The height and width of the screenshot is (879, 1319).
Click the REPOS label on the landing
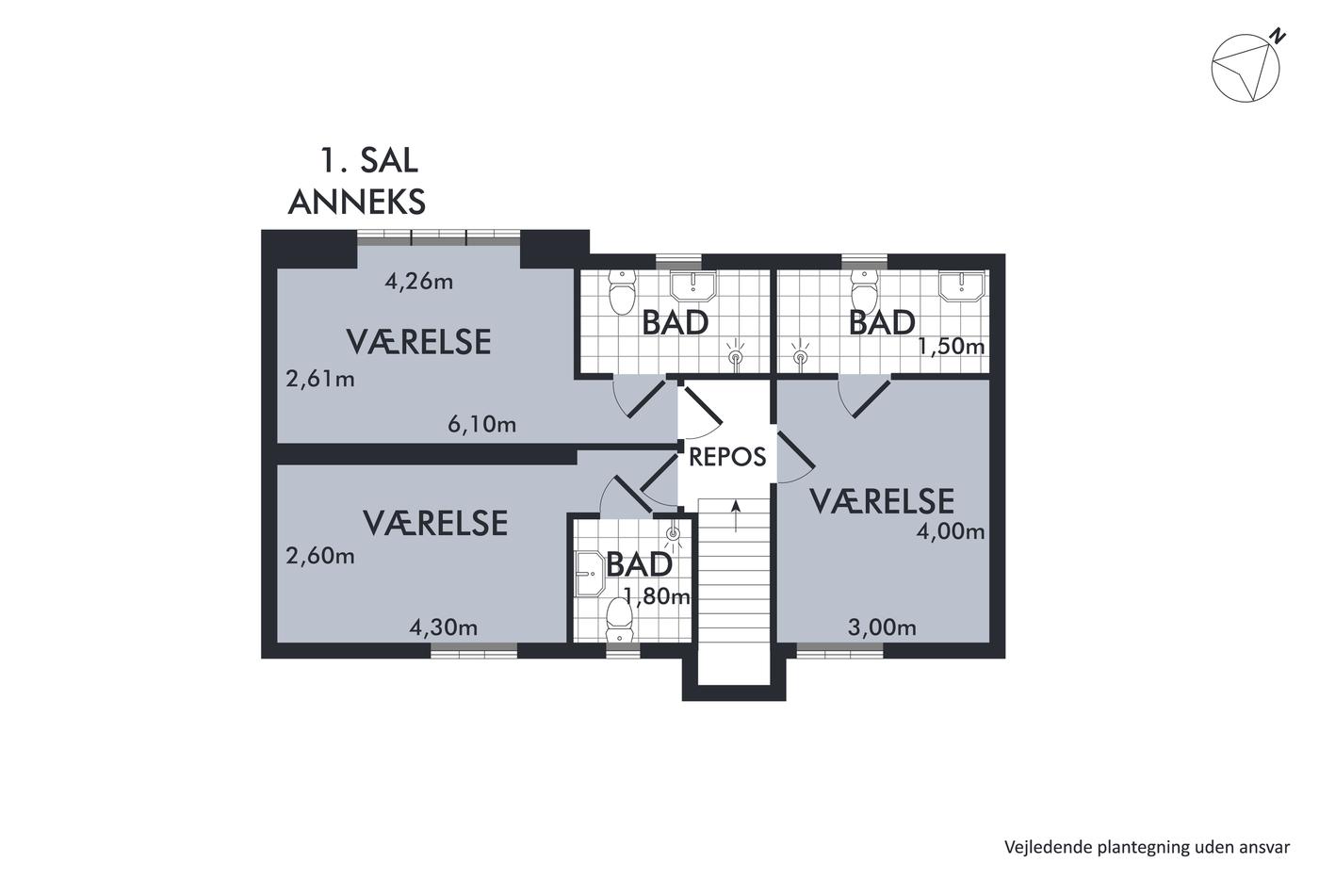click(x=727, y=457)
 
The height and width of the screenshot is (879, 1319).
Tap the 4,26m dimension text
click(x=418, y=282)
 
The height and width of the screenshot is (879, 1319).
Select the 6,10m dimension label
click(x=481, y=424)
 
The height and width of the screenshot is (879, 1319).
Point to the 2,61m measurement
click(x=320, y=379)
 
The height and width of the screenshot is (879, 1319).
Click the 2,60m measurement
click(x=320, y=556)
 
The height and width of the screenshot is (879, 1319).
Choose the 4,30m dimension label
click(x=444, y=628)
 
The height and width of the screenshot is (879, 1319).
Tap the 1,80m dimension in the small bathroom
click(x=657, y=597)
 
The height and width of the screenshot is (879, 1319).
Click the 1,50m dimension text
click(x=952, y=347)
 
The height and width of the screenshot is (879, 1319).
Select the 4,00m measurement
click(x=951, y=532)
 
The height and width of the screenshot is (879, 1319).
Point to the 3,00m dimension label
click(x=882, y=627)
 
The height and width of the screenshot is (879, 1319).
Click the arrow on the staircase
click(x=736, y=516)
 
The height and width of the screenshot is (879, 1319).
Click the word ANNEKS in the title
click(x=357, y=202)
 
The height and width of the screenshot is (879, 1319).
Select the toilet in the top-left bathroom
click(x=622, y=292)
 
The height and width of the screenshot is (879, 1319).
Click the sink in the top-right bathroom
click(x=962, y=286)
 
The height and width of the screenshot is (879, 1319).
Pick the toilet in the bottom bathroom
click(x=619, y=619)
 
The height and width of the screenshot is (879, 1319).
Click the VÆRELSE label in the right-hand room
click(x=882, y=501)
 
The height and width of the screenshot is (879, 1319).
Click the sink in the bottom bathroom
click(x=590, y=574)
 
